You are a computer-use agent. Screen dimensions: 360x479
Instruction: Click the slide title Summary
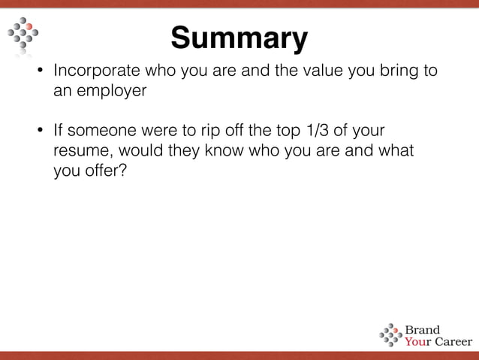click(239, 37)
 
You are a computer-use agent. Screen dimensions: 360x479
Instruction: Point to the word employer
click(111, 92)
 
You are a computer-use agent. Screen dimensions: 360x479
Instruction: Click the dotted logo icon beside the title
click(23, 35)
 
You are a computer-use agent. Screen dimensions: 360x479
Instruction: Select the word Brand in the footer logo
click(423, 329)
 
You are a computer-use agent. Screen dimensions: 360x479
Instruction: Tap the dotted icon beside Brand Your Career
click(390, 335)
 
